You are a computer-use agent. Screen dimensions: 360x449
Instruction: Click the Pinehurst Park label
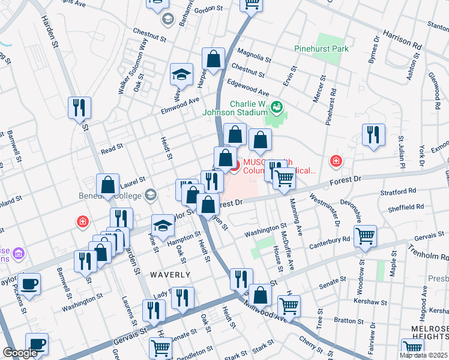[x=322, y=48]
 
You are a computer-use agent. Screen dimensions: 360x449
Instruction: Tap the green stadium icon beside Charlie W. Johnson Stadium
[x=277, y=108]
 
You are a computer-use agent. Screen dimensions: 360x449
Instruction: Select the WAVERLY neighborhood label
[x=171, y=275]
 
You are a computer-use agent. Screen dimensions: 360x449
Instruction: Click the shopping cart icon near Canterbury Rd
[x=365, y=236]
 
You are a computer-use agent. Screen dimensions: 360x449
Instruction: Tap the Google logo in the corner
[x=20, y=353]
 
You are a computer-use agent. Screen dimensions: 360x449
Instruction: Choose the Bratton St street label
[x=345, y=320]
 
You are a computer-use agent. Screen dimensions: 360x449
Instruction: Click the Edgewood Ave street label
[x=247, y=88]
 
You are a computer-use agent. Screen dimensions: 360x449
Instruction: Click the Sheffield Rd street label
[x=406, y=208]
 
